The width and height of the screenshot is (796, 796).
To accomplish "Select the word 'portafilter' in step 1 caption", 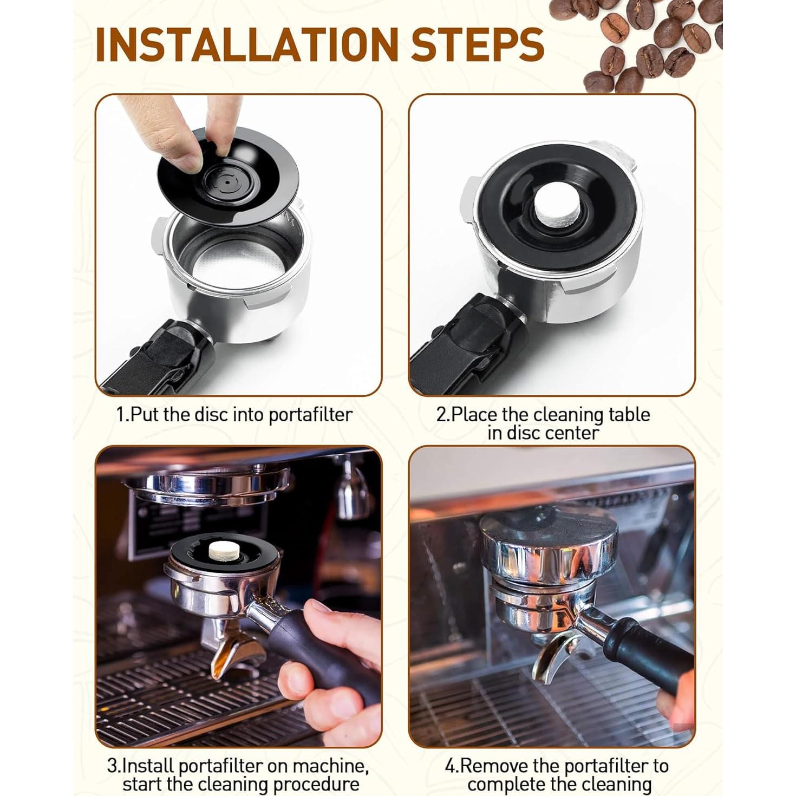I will pyautogui.click(x=310, y=415).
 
